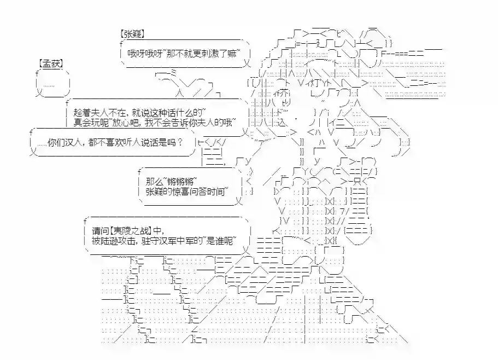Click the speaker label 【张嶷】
point(132,33)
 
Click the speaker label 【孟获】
point(51,63)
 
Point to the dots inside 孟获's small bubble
point(49,84)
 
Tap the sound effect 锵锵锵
point(180,181)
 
